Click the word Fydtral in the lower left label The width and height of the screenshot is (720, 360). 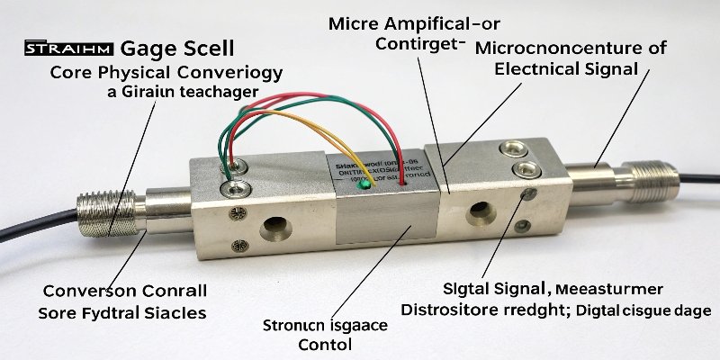116,313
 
